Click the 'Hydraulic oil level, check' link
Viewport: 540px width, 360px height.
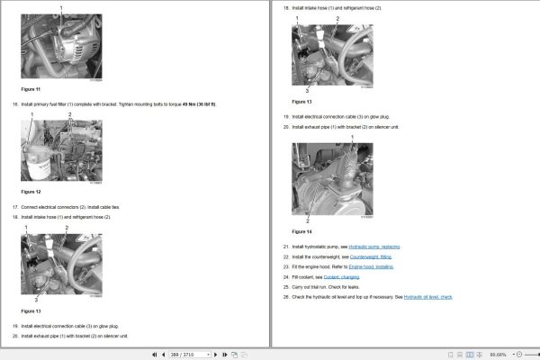click(428, 296)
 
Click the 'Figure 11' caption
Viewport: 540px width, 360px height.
click(31, 89)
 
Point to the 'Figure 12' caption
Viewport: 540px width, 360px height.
click(31, 192)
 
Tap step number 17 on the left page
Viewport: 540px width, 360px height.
click(15, 207)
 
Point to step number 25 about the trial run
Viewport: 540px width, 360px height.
click(286, 286)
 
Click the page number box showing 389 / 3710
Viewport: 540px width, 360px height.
click(190, 354)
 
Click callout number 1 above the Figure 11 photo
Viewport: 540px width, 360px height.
click(61, 7)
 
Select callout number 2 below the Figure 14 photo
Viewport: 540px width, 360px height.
click(308, 220)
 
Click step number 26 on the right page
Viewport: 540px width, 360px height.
click(286, 296)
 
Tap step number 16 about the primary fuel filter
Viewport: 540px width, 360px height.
click(15, 104)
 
